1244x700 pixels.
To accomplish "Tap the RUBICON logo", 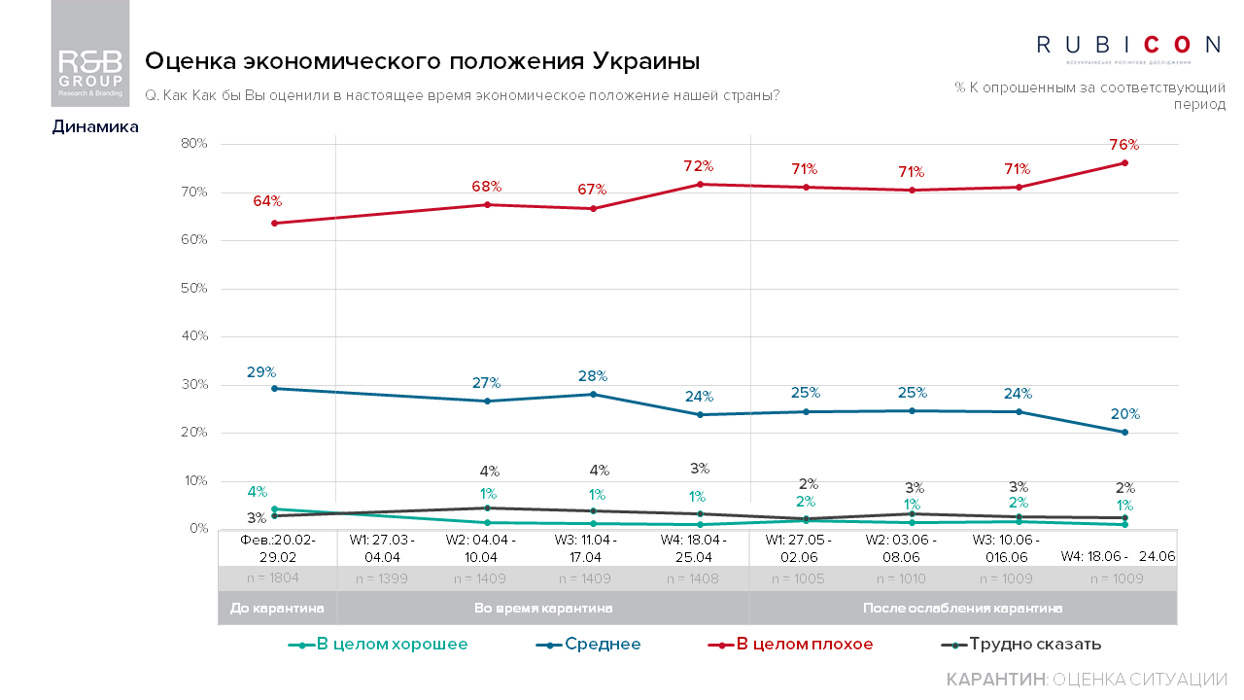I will pos(1127,45).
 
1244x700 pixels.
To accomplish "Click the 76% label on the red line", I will pos(1123,145).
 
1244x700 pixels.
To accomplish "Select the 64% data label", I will pos(267,201).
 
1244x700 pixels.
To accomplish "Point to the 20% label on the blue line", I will pos(1124,413).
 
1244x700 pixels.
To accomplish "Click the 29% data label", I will pos(261,371).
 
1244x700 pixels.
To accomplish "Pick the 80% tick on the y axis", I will pos(194,144).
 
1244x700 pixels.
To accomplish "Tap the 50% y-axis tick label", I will pos(194,289).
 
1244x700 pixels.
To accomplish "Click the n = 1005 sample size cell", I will pos(798,578).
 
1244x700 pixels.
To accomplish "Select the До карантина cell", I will pos(277,608).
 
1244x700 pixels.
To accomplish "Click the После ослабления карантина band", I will pos(962,608).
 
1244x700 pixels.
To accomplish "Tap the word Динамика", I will pos(95,126).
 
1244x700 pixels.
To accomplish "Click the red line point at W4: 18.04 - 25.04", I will pos(698,184).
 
